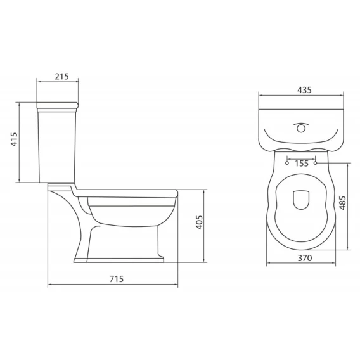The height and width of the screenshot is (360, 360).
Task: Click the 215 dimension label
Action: (61, 77)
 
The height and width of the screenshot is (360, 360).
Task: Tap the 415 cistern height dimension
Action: (14, 139)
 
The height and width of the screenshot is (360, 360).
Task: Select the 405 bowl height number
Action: (199, 222)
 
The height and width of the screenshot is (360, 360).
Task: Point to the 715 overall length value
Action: (117, 279)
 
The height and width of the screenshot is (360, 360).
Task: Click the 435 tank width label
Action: (304, 90)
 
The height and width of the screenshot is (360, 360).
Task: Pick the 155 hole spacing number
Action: (302, 164)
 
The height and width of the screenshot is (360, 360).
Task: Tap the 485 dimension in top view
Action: (342, 203)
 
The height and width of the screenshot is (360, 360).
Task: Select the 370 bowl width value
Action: (305, 258)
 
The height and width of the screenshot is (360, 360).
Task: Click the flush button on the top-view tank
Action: (301, 128)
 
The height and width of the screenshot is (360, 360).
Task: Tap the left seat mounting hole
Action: (287, 163)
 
